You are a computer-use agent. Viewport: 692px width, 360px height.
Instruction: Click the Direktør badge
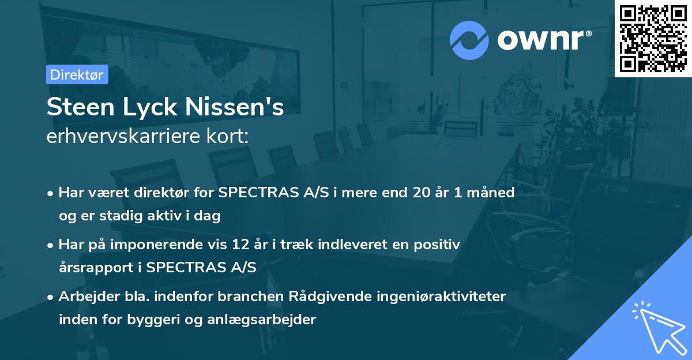point(77,75)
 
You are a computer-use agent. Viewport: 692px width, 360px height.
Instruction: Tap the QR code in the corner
point(653,38)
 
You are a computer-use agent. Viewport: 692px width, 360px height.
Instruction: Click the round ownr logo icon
point(469,40)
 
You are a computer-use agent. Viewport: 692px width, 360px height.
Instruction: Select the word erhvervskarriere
point(128,137)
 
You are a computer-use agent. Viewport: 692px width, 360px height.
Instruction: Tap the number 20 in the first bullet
point(421,193)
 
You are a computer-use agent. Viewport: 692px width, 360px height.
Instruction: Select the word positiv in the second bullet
point(438,245)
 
